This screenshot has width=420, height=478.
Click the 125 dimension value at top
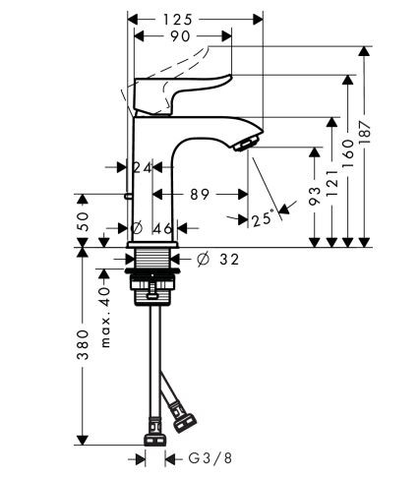177,20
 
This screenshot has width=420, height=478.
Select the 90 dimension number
180,36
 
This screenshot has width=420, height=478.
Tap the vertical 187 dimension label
365,132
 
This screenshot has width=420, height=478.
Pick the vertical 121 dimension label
332,183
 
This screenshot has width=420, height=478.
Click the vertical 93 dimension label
315,196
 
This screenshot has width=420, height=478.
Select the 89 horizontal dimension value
200,195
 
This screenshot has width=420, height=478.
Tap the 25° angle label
263,219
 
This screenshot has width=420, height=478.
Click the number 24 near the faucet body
143,168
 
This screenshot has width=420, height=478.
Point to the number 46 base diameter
162,228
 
